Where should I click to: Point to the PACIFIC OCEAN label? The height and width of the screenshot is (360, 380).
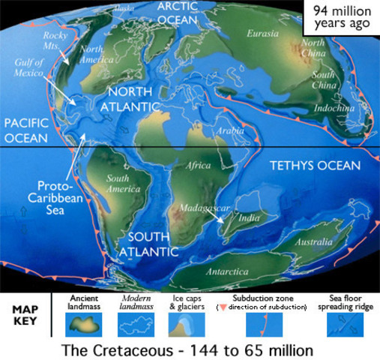tap(25, 130)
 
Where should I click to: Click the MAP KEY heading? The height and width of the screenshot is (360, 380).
tap(24, 315)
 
